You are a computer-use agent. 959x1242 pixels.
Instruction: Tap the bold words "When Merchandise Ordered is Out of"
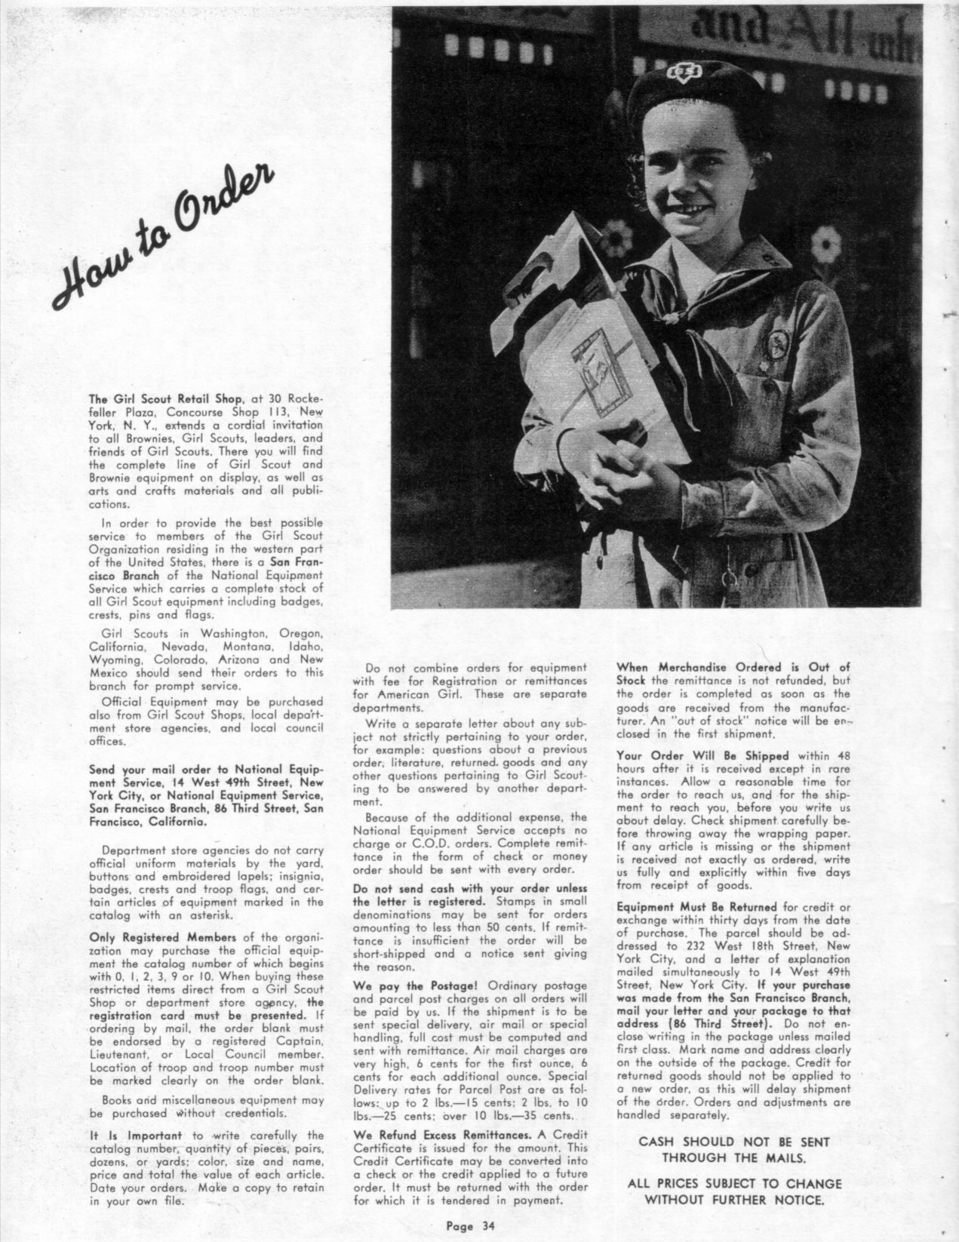[x=733, y=667]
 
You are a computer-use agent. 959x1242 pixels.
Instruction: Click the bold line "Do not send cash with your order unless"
[x=469, y=889]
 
